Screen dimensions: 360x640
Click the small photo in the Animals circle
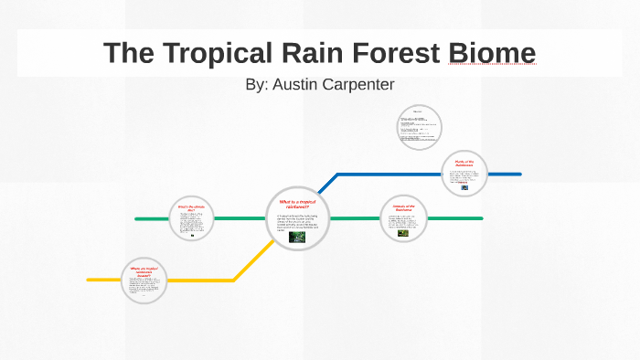pos(402,232)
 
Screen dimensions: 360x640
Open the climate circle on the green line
pos(191,219)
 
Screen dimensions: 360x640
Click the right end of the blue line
pos(519,174)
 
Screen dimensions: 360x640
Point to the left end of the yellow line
pos(89,280)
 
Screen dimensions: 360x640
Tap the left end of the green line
pos(137,219)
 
